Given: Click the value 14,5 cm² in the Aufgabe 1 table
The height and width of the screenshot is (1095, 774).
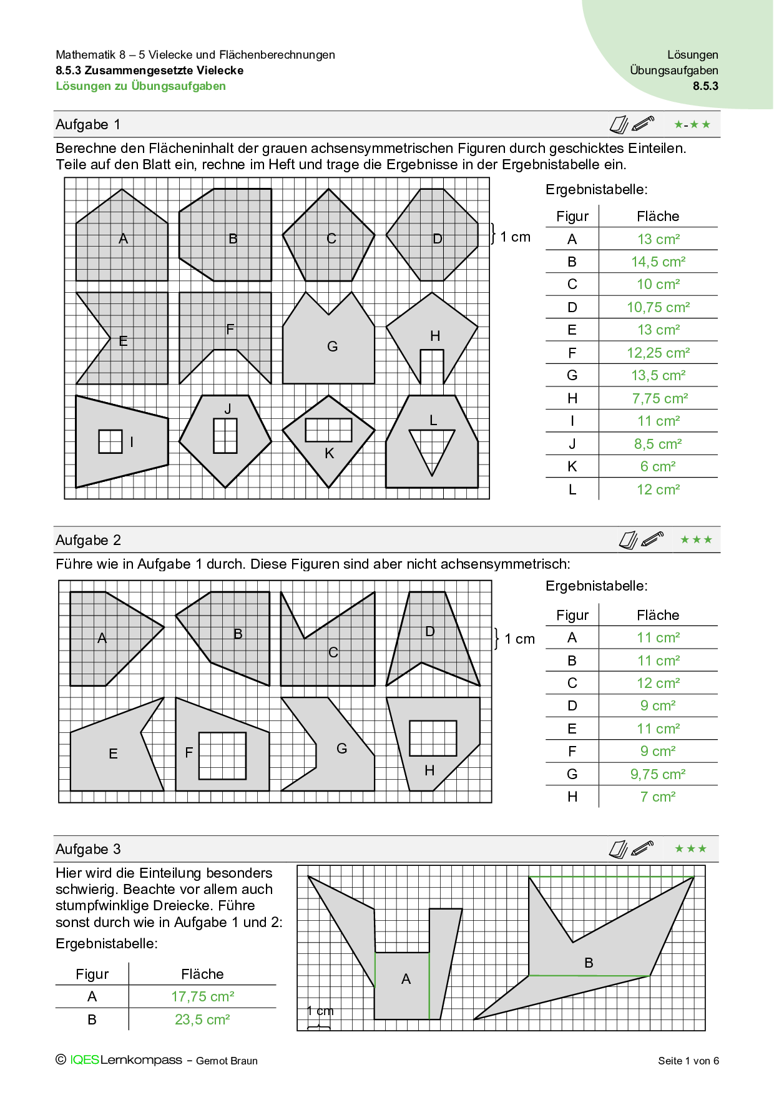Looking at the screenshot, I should click(x=658, y=262).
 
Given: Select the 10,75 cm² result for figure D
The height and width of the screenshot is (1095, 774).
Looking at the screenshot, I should click(x=658, y=307).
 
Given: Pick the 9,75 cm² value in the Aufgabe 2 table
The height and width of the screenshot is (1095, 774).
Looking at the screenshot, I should click(x=658, y=774).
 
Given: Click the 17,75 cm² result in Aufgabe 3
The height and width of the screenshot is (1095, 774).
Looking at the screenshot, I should click(x=203, y=996).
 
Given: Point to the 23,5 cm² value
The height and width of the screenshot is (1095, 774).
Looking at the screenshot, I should click(x=202, y=1019).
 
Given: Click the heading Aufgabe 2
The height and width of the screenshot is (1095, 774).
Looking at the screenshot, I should click(x=88, y=540).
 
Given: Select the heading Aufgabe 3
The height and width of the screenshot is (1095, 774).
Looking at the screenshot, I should click(x=88, y=849).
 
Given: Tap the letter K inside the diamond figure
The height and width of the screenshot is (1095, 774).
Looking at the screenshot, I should click(x=330, y=454).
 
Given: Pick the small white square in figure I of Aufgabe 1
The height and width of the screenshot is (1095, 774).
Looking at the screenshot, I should click(x=110, y=441).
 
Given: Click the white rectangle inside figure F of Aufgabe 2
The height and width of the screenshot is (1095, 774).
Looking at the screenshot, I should click(x=222, y=755).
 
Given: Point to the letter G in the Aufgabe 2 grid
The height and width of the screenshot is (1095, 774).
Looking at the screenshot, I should click(x=341, y=748).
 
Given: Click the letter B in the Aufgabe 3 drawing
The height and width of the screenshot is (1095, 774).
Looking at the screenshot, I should click(x=589, y=963).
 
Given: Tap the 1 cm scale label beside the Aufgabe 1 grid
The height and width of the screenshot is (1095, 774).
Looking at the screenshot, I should click(x=515, y=237).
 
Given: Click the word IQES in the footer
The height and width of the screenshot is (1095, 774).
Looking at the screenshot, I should click(x=84, y=1060).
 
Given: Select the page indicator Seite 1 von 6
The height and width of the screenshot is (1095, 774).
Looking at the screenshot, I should click(x=688, y=1061).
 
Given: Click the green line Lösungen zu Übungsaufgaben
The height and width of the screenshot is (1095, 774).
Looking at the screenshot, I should click(x=141, y=86).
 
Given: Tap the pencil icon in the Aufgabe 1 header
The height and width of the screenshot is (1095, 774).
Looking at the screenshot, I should click(x=642, y=123).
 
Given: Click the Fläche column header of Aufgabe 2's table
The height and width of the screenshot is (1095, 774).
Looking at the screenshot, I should click(x=658, y=615).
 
